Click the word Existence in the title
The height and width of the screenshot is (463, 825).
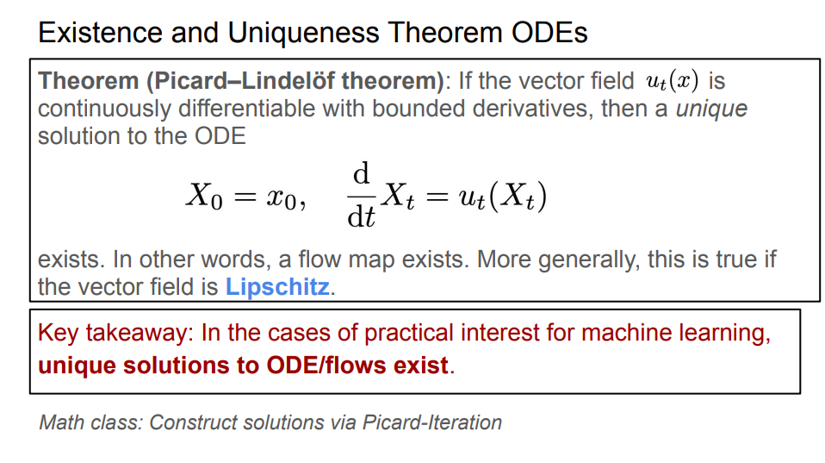[100, 33]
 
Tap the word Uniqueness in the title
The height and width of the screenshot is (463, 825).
[302, 33]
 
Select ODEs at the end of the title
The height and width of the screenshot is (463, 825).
[549, 33]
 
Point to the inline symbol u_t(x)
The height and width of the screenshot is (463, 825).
[673, 81]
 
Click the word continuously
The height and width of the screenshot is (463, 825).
[103, 109]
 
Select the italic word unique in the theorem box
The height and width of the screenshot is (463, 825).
[712, 109]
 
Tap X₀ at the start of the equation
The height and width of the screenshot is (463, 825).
[204, 197]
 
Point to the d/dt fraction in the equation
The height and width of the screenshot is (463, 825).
[361, 196]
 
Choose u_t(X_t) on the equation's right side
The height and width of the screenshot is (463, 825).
[502, 197]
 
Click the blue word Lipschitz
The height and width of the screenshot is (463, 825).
[277, 287]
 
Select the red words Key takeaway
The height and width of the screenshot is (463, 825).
[115, 334]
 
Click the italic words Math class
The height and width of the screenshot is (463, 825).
[90, 422]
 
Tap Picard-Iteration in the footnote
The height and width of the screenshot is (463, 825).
[432, 422]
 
